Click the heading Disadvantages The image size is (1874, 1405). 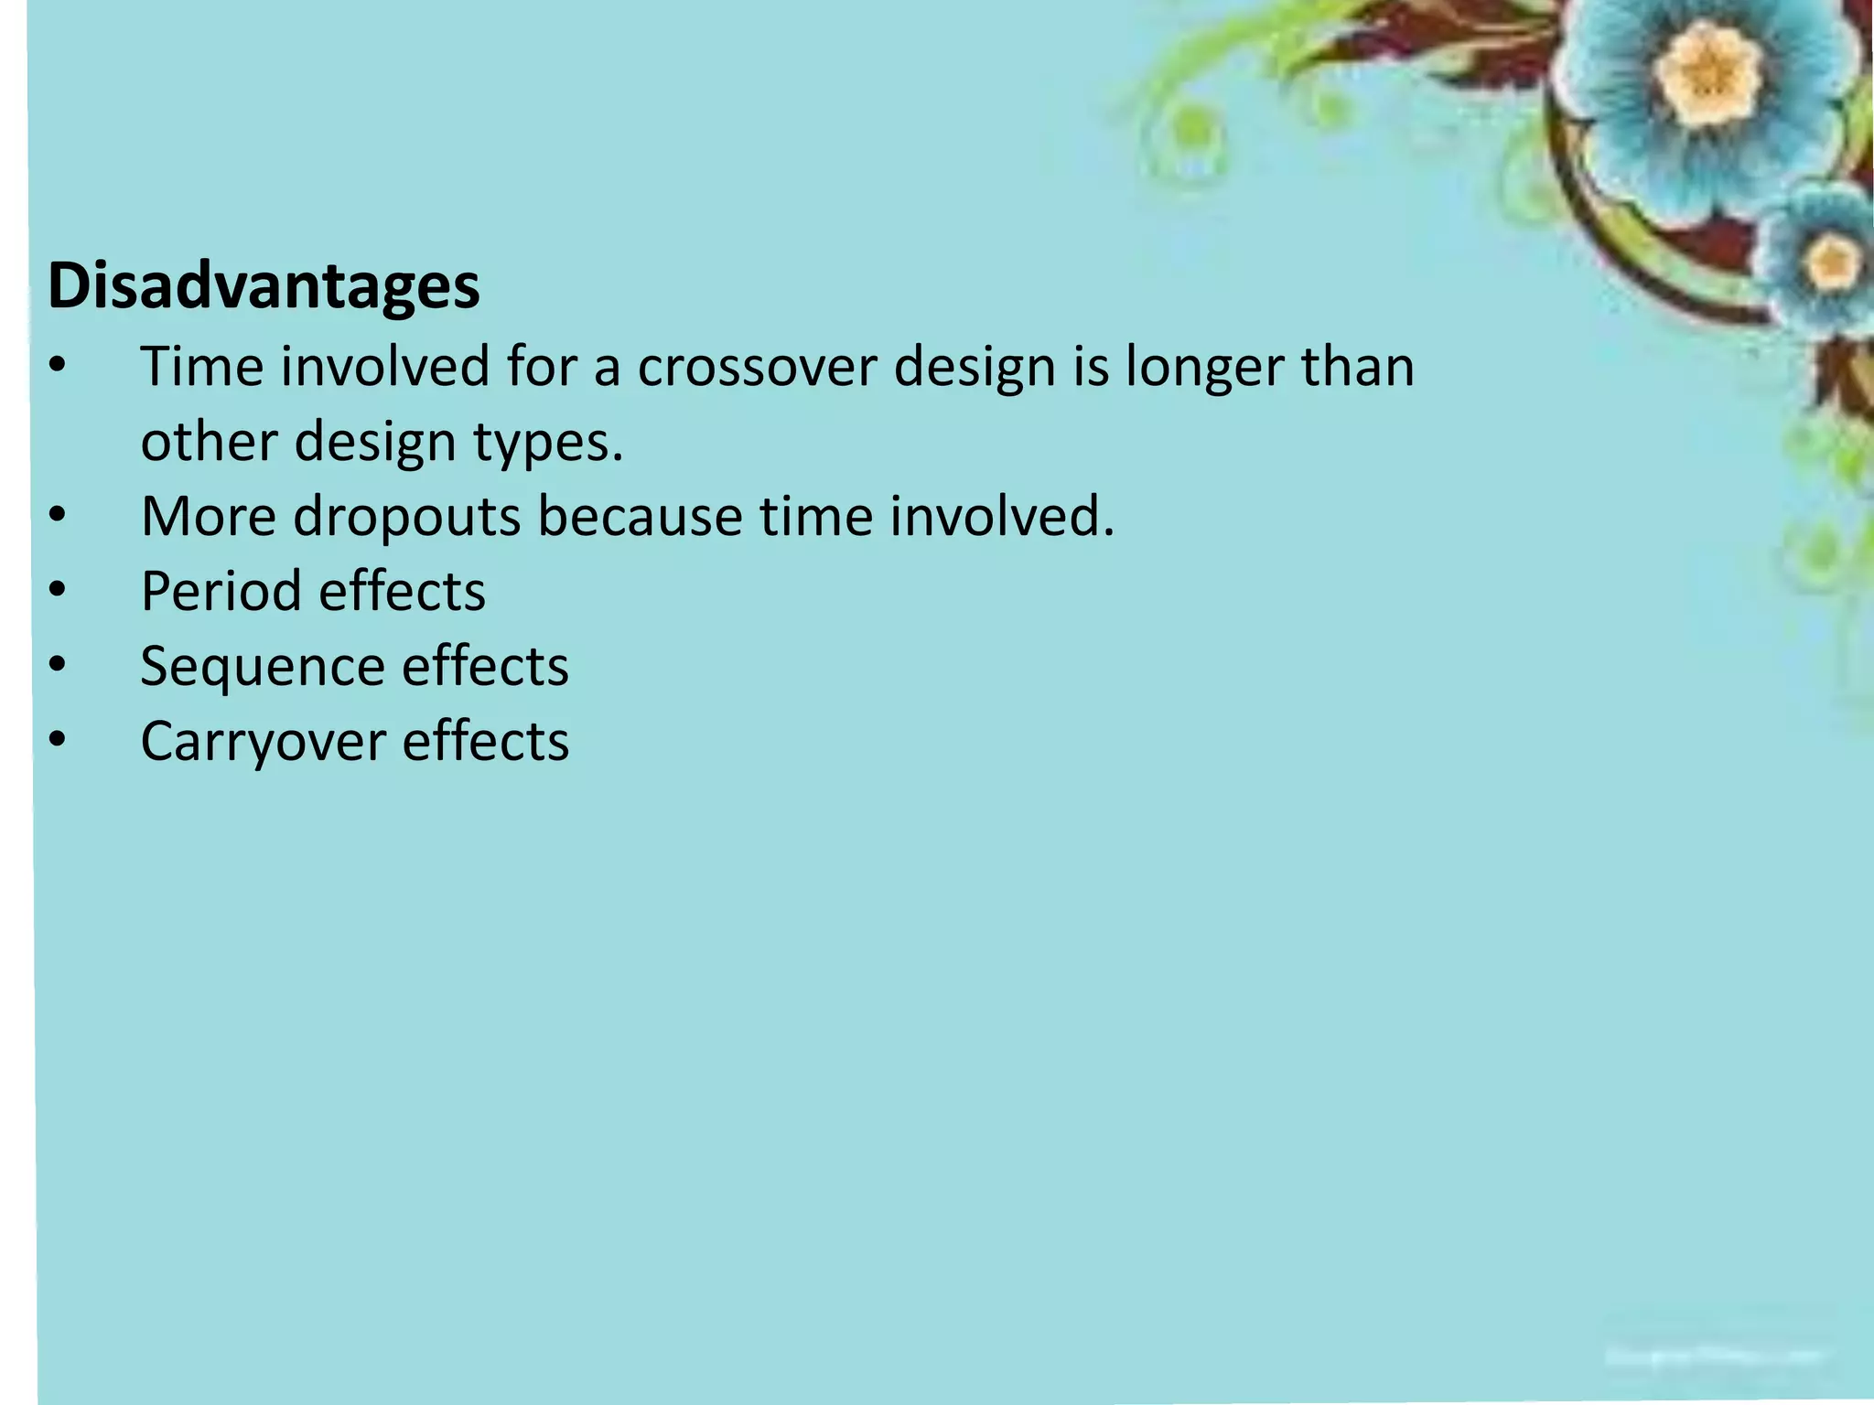click(x=264, y=286)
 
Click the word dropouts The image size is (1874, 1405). click(x=406, y=517)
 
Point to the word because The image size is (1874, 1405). click(x=640, y=517)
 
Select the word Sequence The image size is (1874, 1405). click(x=262, y=666)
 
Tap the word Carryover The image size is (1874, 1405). click(x=262, y=741)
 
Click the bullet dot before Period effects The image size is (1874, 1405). click(x=58, y=592)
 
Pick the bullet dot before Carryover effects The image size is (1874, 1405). click(x=58, y=742)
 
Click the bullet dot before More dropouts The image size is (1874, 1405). click(x=58, y=517)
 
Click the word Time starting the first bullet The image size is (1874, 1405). click(x=201, y=367)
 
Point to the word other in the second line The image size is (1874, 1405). click(x=208, y=442)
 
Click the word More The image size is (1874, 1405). click(x=209, y=517)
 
